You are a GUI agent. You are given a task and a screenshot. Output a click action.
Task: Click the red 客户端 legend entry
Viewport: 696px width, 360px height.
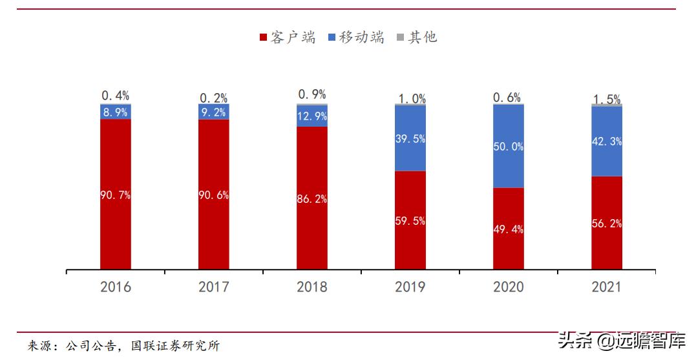click(288, 37)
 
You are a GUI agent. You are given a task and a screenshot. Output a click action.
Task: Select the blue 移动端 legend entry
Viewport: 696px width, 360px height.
click(356, 37)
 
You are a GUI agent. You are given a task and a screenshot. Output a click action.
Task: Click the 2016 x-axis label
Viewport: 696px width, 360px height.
click(116, 287)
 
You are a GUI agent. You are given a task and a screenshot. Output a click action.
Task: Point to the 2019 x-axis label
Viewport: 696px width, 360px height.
click(410, 287)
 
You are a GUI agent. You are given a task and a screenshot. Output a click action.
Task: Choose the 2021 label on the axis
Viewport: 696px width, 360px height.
click(607, 287)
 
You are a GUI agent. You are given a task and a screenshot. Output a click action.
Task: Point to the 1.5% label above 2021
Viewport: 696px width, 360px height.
click(607, 99)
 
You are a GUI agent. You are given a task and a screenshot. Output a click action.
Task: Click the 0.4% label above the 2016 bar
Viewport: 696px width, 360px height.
click(116, 96)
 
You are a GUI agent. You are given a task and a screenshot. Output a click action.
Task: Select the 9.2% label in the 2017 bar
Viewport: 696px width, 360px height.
click(214, 112)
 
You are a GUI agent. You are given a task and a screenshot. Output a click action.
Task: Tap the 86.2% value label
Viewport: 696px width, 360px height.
click(312, 199)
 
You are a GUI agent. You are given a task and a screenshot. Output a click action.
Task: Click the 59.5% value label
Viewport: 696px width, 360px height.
click(410, 221)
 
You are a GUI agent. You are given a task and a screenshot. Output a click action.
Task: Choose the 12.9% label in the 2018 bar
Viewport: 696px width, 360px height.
click(312, 117)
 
